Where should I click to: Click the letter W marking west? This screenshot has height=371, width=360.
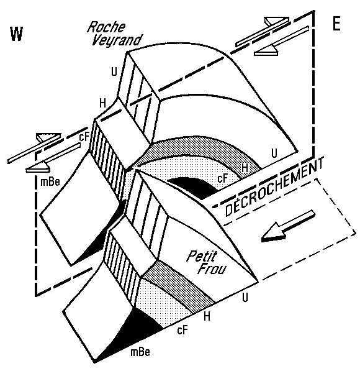click(x=17, y=34)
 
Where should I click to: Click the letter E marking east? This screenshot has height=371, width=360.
click(x=336, y=24)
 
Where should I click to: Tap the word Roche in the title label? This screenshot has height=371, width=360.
click(x=107, y=27)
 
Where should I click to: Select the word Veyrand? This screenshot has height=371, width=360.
click(x=117, y=40)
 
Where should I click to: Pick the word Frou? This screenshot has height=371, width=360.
click(x=212, y=268)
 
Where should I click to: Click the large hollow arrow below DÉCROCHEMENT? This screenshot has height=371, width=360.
click(x=289, y=226)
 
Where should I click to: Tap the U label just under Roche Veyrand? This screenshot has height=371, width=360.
click(x=114, y=71)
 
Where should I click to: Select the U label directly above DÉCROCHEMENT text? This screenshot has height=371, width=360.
click(x=274, y=153)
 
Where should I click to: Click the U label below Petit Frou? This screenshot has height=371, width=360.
click(x=245, y=297)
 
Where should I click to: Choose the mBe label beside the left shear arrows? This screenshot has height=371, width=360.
click(x=50, y=182)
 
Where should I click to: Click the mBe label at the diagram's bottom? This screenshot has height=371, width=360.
click(x=140, y=352)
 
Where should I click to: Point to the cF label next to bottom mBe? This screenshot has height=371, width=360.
click(x=182, y=330)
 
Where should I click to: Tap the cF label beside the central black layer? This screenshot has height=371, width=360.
click(x=222, y=178)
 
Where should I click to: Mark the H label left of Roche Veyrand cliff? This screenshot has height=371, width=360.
click(x=102, y=103)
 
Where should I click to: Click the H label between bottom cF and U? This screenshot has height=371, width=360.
click(x=207, y=316)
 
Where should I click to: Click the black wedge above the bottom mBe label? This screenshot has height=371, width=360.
click(x=132, y=331)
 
